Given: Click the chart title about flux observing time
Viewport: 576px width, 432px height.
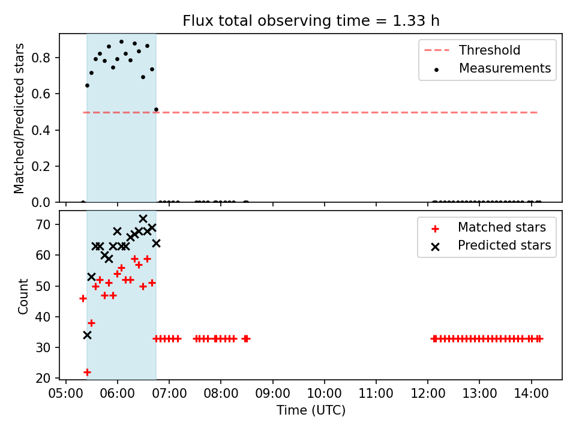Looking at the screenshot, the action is click(x=311, y=20).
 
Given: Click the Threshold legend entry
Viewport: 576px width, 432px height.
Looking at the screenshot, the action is click(x=472, y=50).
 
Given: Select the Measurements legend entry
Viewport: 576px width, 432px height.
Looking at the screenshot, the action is click(x=492, y=68).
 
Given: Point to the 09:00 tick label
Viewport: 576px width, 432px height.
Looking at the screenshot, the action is click(x=272, y=394).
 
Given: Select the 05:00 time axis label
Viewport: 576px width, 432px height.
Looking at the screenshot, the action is click(x=66, y=394).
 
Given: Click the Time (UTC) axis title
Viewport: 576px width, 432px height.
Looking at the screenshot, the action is click(x=311, y=410).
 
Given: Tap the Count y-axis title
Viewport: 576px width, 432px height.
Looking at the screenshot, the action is click(x=23, y=296).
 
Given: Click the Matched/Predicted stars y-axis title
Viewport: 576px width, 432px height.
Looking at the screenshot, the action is click(x=19, y=118).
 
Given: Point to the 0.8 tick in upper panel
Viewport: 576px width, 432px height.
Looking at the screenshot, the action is click(x=40, y=58).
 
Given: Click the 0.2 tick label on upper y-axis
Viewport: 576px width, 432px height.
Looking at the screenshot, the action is click(x=40, y=166).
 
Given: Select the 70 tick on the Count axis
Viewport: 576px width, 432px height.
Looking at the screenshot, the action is click(x=43, y=224).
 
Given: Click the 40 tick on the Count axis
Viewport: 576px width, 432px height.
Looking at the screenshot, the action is click(x=43, y=317).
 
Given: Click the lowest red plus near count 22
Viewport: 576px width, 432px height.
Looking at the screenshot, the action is click(x=87, y=372).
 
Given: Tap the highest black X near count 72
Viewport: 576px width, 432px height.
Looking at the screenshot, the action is click(x=143, y=218).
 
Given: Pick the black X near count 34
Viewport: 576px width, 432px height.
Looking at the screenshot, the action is click(x=87, y=335).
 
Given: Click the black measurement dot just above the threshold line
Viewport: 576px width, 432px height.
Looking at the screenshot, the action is click(x=156, y=109).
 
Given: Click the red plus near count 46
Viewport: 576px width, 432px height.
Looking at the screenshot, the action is click(x=83, y=298).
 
